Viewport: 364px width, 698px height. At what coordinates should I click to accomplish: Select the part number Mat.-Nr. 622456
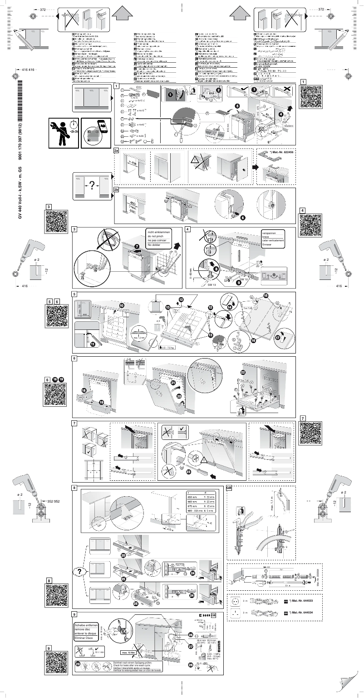click(280, 153)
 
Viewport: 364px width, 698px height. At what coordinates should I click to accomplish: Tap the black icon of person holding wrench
click(64, 133)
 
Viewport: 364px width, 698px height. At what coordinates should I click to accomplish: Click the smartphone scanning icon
click(96, 133)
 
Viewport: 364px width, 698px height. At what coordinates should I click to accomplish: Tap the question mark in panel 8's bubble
click(80, 571)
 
